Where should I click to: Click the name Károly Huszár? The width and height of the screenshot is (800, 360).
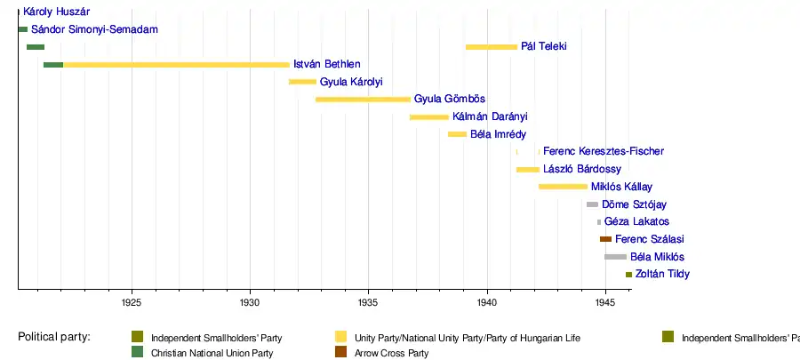pyautogui.click(x=57, y=12)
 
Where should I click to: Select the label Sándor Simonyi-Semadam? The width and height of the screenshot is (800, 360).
pyautogui.click(x=94, y=29)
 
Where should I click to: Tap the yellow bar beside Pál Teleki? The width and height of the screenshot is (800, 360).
pyautogui.click(x=491, y=46)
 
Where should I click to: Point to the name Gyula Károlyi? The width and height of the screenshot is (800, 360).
pyautogui.click(x=351, y=82)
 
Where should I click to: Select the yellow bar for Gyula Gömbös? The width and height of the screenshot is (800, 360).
pyautogui.click(x=363, y=99)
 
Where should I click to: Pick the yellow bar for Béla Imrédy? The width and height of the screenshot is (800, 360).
pyautogui.click(x=457, y=134)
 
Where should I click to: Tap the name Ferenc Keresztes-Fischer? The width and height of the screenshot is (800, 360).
pyautogui.click(x=603, y=151)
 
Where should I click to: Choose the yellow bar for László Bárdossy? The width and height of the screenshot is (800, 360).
pyautogui.click(x=528, y=169)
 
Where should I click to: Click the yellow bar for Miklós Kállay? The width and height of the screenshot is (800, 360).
pyautogui.click(x=563, y=187)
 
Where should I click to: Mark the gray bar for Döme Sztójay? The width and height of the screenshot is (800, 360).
pyautogui.click(x=592, y=204)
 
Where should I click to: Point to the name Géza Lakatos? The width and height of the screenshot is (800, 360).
pyautogui.click(x=636, y=221)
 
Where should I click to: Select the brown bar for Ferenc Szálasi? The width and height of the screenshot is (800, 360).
pyautogui.click(x=605, y=239)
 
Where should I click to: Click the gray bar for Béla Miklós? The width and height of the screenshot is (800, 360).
pyautogui.click(x=615, y=257)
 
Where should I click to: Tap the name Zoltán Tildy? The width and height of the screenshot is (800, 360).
pyautogui.click(x=662, y=274)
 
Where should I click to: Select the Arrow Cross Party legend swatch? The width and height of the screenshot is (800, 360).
pyautogui.click(x=340, y=353)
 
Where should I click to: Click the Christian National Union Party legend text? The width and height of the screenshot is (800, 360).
pyautogui.click(x=212, y=353)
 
